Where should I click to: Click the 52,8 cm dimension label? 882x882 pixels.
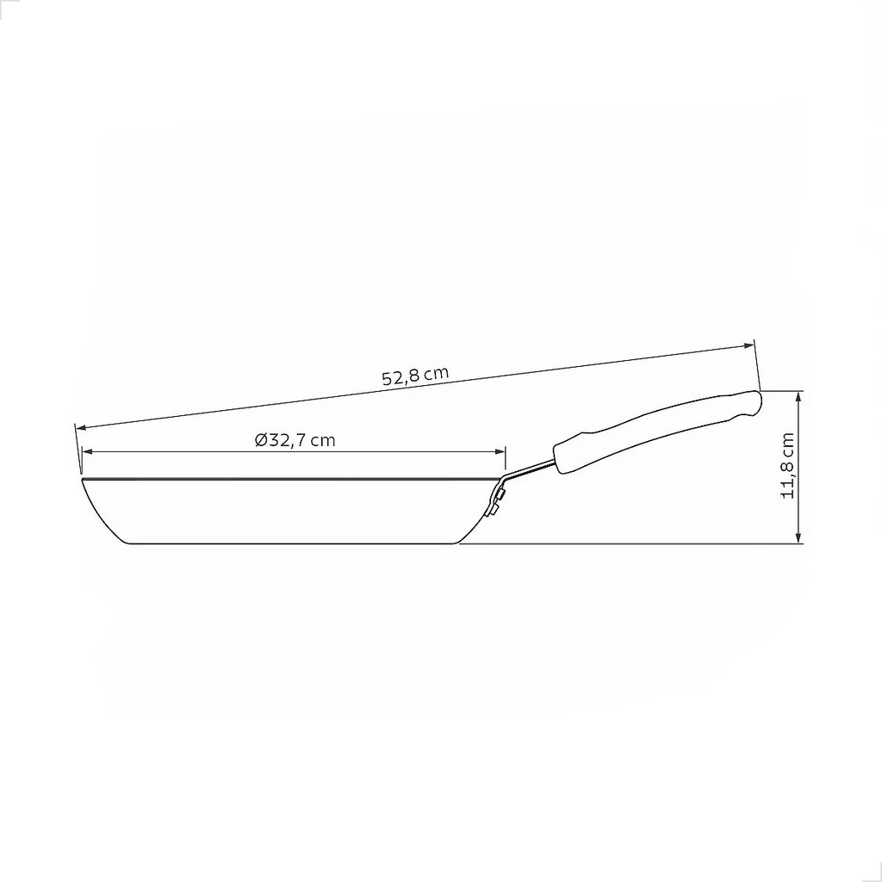tap(416, 375)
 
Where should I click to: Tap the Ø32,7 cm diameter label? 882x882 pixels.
tap(295, 439)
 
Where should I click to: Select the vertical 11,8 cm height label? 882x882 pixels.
tap(787, 465)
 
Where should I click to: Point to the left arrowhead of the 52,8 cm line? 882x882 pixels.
tap(82, 428)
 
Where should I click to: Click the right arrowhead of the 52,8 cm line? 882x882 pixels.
tap(748, 345)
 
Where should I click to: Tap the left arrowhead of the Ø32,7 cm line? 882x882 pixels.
tap(88, 451)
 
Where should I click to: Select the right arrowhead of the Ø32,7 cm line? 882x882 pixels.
tap(500, 451)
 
